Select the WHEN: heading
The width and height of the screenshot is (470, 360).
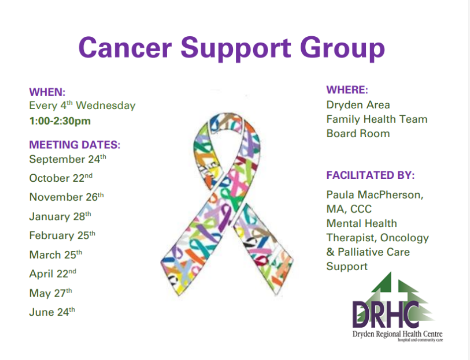48,92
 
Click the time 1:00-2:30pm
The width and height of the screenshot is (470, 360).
60,121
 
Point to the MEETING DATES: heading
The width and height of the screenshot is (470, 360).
75,145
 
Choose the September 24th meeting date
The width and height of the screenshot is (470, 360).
67,159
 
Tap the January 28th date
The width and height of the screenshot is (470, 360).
60,216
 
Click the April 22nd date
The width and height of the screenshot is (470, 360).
53,274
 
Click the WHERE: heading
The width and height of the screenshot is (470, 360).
347,90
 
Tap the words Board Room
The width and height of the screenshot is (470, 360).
358,134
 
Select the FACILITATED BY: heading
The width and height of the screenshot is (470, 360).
370,175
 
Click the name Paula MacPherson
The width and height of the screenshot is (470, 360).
375,195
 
